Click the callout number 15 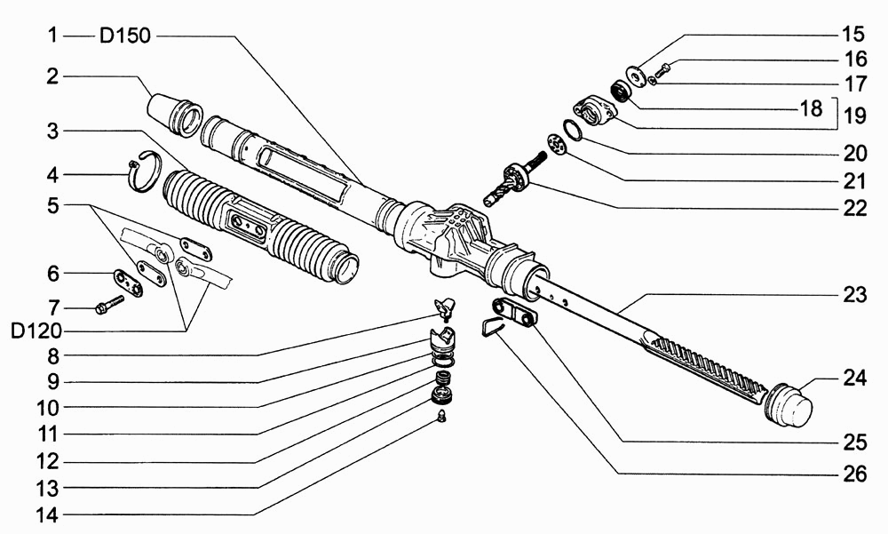[853, 35]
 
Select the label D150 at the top [125, 36]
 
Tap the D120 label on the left [36, 331]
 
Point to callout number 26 [854, 474]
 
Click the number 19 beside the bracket [854, 116]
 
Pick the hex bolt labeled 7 [110, 304]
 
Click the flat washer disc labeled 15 [637, 76]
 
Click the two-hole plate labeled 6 [128, 283]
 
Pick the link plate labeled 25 [515, 313]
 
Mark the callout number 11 [48, 434]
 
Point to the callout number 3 [52, 132]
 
